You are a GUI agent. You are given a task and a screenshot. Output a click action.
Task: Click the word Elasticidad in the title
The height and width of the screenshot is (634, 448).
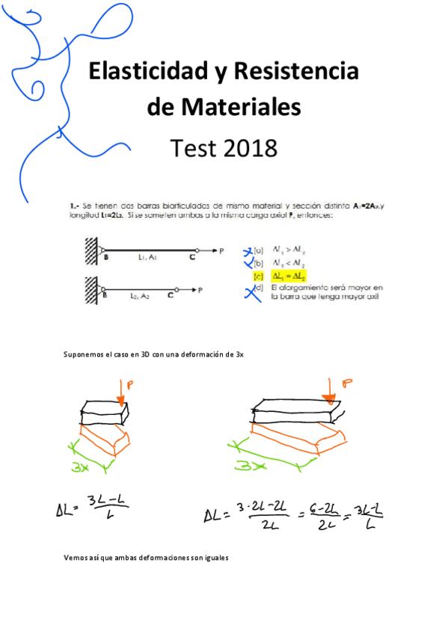point(138,72)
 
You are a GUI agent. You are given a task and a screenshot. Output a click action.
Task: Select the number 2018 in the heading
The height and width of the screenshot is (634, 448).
point(247,148)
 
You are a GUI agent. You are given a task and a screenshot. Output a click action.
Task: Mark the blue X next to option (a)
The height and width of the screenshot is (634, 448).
point(250,251)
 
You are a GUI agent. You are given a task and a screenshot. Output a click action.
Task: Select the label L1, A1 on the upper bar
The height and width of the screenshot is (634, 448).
point(147,257)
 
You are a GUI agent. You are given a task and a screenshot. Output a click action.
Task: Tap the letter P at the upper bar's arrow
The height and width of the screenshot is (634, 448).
point(221,251)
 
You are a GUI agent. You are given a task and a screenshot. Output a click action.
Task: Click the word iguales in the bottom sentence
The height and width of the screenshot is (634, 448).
point(212,558)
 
